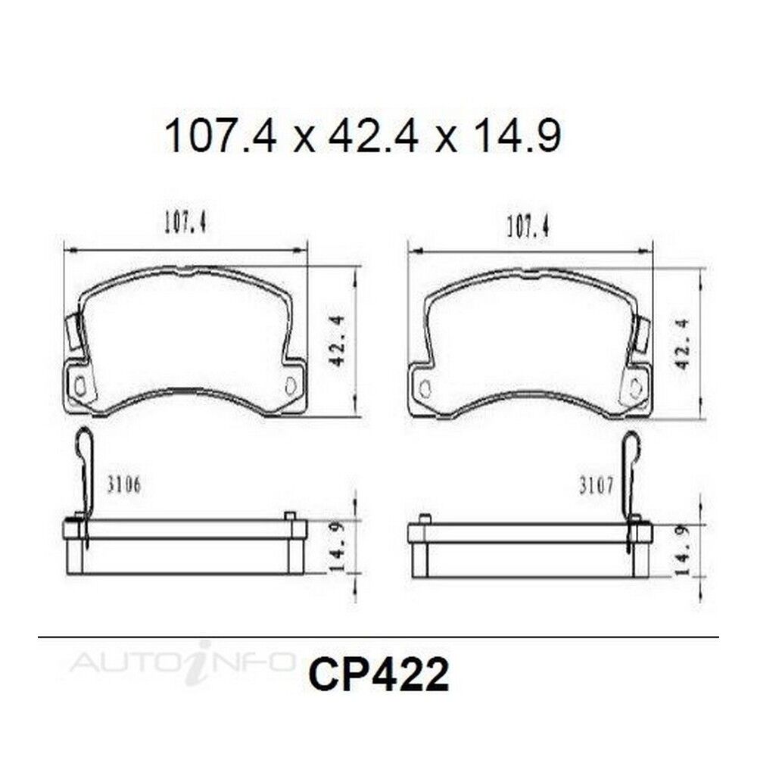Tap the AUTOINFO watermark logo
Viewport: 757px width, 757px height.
click(x=182, y=660)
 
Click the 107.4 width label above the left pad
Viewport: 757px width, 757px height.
click(x=186, y=224)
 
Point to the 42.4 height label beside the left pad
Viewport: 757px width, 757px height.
click(x=338, y=341)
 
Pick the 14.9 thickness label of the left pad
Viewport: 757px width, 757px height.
click(x=337, y=547)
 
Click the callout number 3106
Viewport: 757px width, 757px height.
click(x=123, y=485)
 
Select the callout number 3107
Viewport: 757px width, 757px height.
click(x=597, y=486)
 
